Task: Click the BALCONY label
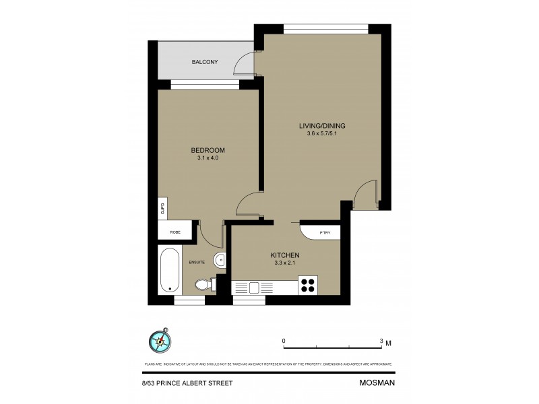(204, 61)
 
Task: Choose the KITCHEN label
(284, 255)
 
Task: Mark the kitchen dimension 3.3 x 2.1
(284, 263)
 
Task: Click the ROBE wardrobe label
(175, 232)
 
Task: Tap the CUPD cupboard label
(162, 208)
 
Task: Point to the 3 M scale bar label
(385, 341)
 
